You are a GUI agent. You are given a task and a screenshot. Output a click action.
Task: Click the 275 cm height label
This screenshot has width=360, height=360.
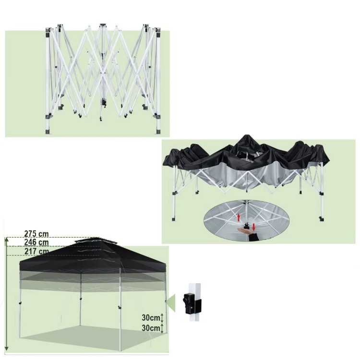point(36,234)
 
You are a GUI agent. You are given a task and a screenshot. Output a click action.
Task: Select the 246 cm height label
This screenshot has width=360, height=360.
point(36,242)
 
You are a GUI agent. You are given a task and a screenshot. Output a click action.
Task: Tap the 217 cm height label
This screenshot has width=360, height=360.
point(36,251)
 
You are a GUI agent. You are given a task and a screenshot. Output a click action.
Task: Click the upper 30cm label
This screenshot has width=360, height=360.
point(151,318)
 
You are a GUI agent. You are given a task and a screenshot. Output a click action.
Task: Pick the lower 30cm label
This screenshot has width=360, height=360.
point(151,328)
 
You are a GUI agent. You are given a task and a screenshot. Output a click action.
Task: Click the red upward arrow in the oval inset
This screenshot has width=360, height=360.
point(239,217)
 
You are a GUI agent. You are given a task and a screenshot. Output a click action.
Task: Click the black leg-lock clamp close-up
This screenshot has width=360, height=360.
point(192,303)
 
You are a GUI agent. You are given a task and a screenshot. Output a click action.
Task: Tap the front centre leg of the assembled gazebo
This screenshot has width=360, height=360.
point(120,308)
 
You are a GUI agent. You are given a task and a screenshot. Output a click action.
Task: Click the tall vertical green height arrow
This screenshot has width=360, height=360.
point(7,294)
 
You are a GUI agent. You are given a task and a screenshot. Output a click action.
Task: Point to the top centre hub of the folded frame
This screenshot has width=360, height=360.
point(103,25)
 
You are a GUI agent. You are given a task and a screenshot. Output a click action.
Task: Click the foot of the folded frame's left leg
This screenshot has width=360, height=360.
point(48,131)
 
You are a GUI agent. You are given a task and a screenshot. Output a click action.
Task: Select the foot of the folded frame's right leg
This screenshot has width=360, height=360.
point(158,132)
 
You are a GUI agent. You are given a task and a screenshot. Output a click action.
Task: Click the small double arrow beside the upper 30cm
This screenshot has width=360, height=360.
point(162,318)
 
